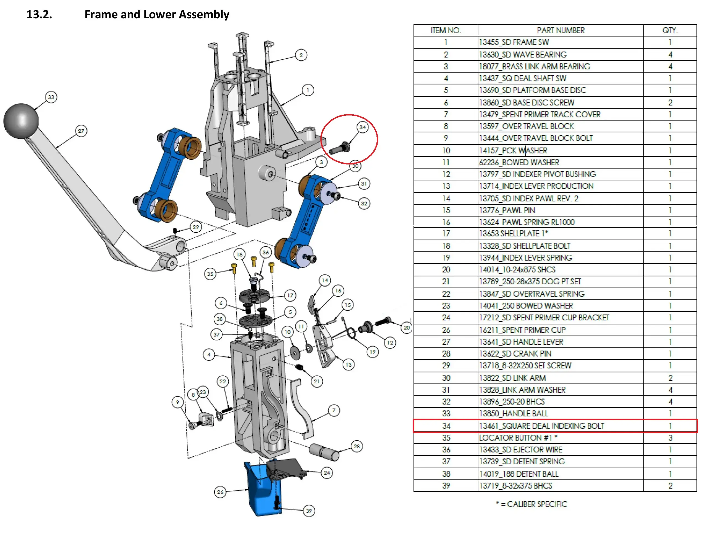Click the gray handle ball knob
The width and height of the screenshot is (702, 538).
click(x=21, y=121)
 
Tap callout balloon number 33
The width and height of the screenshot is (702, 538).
click(x=51, y=97)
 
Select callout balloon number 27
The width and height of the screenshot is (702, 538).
click(x=81, y=131)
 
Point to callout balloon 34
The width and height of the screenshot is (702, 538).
click(x=362, y=127)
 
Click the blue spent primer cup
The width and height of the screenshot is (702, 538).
click(x=263, y=490)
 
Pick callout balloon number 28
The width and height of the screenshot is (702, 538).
click(x=356, y=446)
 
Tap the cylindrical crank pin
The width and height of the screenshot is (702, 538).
click(x=324, y=452)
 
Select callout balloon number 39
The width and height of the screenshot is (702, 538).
click(x=309, y=511)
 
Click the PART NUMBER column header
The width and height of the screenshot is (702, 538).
click(x=560, y=30)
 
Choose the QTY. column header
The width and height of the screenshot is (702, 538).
click(x=670, y=30)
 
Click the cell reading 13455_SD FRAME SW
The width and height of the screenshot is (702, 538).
click(x=514, y=42)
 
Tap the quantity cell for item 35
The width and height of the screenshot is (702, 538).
click(x=670, y=437)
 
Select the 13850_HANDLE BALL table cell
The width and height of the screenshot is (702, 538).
click(x=513, y=413)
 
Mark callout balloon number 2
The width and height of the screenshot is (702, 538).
click(x=301, y=55)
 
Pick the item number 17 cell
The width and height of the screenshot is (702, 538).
click(x=446, y=233)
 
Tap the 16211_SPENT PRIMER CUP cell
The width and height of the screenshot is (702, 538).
click(x=522, y=330)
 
